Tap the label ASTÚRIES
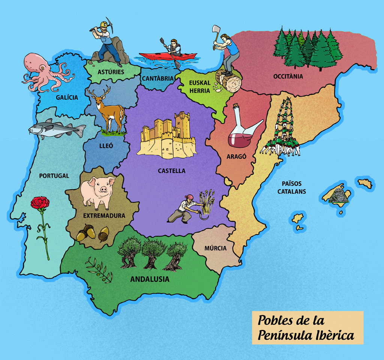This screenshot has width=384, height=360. pos(111,72)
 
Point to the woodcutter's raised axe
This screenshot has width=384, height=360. pos(216,32)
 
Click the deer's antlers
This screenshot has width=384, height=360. pos(99,91)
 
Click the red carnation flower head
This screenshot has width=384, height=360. pos(40,203)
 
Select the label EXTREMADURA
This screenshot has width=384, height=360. pos(104,216)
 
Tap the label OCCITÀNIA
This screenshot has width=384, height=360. pos(288,76)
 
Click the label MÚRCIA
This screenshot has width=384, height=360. pos(215,248)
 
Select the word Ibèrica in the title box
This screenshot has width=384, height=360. pos(333,335)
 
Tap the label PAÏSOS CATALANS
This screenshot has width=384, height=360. pos(292,187)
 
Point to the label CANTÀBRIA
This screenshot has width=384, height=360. pos(158,79)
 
